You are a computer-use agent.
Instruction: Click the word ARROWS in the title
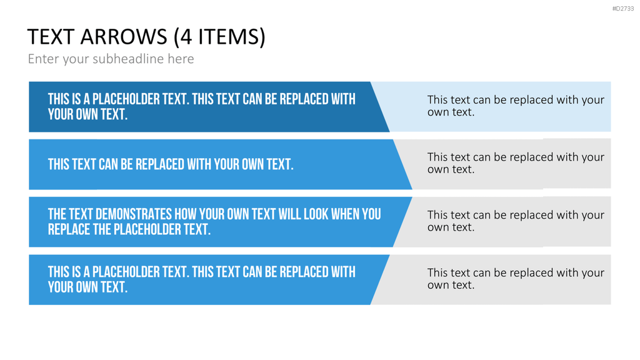[x=124, y=37]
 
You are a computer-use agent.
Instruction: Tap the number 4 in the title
[x=186, y=37]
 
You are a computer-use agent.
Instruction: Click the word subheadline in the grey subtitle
[x=128, y=59]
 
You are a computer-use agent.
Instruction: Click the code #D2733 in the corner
[x=623, y=9]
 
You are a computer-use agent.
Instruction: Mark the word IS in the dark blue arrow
[x=76, y=99]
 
